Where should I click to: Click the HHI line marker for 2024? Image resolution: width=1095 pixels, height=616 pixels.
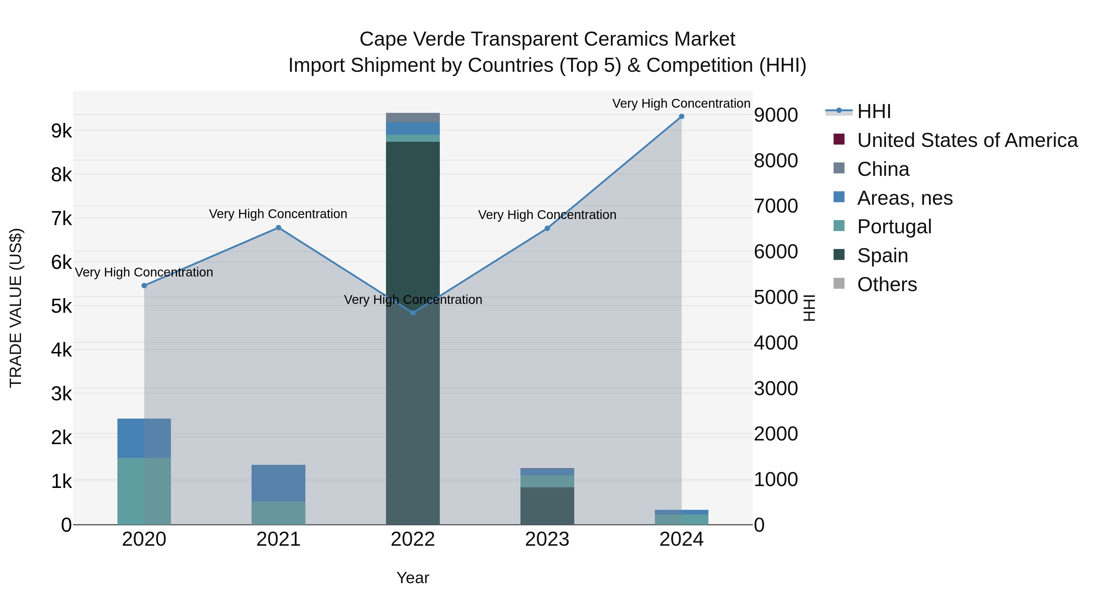(681, 117)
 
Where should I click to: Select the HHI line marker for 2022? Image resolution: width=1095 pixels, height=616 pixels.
(413, 313)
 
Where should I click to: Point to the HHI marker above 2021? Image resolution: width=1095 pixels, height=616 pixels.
(278, 228)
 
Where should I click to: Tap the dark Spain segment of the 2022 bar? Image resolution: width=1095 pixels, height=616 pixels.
(413, 221)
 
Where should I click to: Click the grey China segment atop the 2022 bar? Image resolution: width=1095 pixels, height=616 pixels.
(413, 118)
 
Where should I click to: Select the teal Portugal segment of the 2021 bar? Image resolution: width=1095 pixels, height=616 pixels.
(278, 513)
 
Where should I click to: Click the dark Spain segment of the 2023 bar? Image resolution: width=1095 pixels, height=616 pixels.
(547, 506)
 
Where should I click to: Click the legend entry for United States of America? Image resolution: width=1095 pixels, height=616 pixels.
(967, 140)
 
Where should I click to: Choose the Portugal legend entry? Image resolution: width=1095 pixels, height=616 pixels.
(894, 227)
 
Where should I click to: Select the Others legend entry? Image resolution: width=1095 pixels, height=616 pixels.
(887, 284)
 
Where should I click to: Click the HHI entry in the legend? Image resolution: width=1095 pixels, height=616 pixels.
(874, 111)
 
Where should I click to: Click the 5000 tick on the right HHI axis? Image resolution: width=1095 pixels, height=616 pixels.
(776, 297)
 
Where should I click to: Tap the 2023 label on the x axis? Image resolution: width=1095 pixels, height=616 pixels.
(547, 539)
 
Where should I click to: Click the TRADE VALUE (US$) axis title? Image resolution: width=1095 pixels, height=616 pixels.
(16, 308)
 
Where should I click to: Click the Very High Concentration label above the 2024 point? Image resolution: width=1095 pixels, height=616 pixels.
(681, 103)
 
